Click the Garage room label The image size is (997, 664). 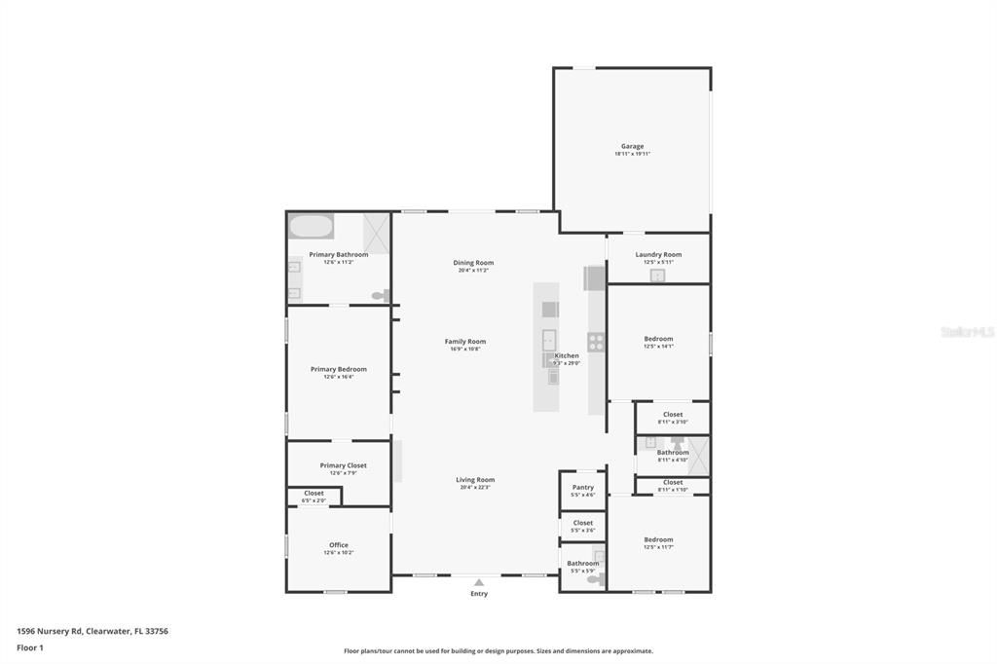click(632, 147)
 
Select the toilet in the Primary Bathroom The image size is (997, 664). click(380, 295)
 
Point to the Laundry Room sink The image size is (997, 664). click(657, 276)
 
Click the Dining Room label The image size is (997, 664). click(473, 263)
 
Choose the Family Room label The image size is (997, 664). click(465, 342)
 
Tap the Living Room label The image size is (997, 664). click(475, 480)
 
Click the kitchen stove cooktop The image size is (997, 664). click(595, 342)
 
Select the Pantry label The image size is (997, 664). click(583, 488)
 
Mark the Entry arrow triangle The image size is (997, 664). click(479, 582)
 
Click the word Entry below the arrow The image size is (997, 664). click(479, 594)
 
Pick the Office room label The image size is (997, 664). click(338, 545)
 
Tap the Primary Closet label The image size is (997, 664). click(343, 465)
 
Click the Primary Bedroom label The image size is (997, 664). click(338, 370)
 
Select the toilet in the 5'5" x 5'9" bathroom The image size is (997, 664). click(594, 580)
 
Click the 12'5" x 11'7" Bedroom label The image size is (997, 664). click(658, 540)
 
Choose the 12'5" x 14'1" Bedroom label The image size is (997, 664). click(658, 340)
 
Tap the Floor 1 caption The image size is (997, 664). click(30, 647)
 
